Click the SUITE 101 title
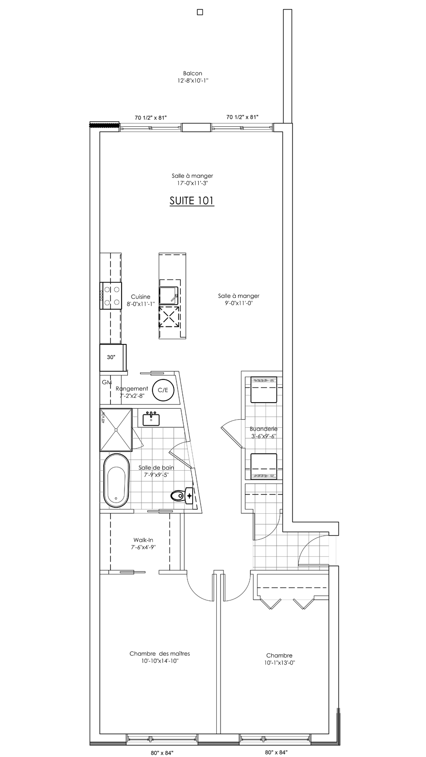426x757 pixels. (192, 201)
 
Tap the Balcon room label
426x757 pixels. (193, 73)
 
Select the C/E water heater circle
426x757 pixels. (163, 390)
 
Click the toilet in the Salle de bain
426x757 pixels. (182, 496)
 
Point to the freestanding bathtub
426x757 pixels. (116, 480)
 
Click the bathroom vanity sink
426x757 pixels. (151, 419)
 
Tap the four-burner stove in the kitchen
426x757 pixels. (111, 295)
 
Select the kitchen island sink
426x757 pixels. (169, 296)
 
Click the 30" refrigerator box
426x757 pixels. (113, 357)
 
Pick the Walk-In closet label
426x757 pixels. (143, 540)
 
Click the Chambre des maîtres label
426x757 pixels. (160, 653)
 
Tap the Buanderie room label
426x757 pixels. (264, 429)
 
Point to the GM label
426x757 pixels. (107, 382)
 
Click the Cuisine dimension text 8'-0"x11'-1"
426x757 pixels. (141, 304)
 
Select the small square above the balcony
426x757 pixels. (200, 12)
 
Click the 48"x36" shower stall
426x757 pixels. (115, 430)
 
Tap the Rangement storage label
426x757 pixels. (132, 388)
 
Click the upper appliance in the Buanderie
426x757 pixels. (264, 390)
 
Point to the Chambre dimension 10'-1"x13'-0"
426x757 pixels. (280, 663)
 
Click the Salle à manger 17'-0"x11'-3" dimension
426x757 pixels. (192, 184)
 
